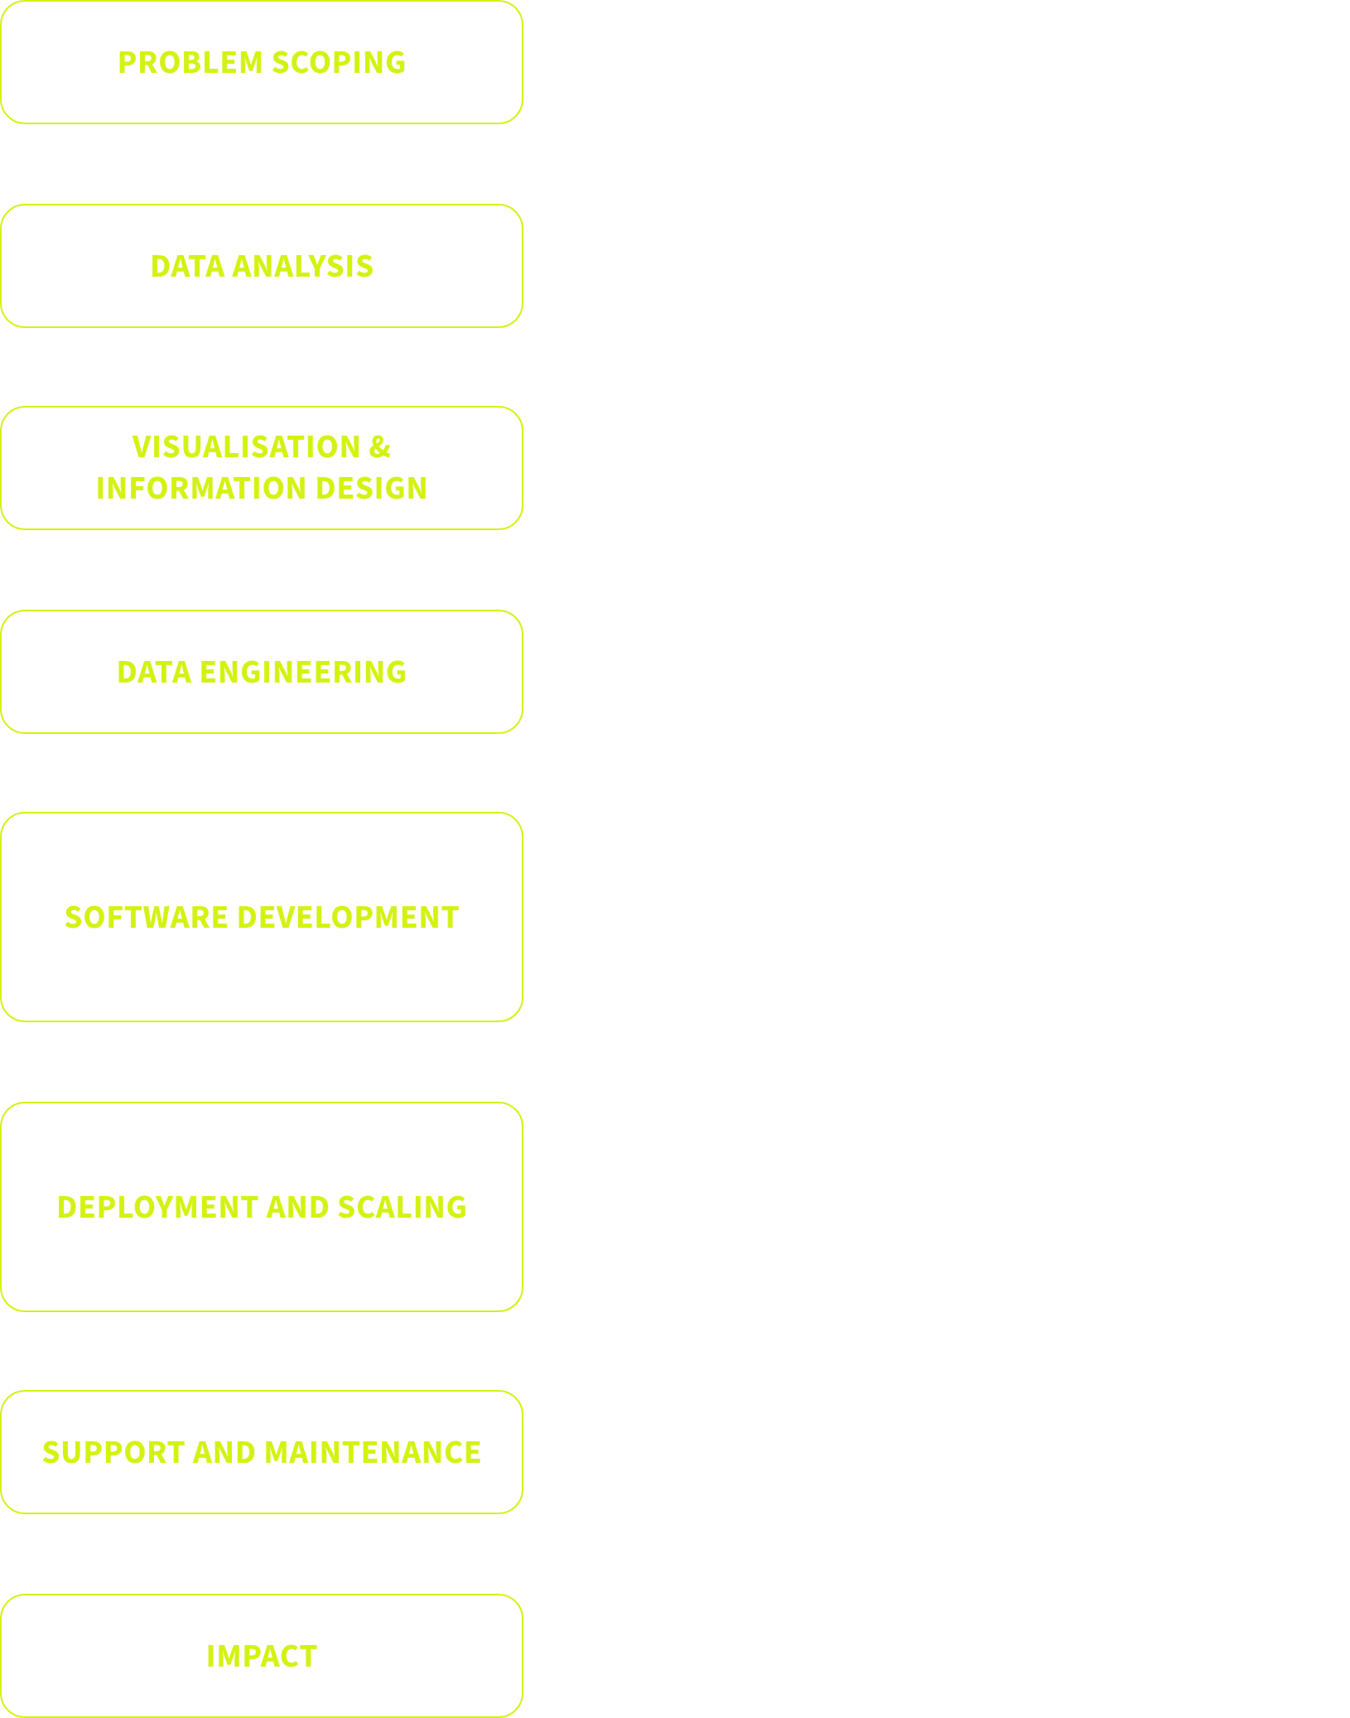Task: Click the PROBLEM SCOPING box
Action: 262,63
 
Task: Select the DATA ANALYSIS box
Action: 262,266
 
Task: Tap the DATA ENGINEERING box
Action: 262,672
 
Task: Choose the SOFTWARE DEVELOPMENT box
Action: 262,917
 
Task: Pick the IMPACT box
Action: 262,1656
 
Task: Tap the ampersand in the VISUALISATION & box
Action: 380,447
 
